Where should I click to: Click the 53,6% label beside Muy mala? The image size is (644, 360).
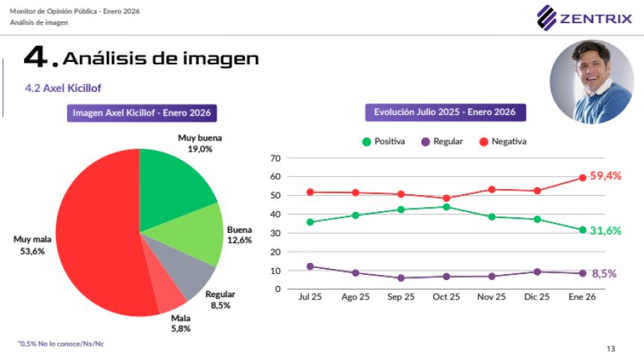[x=32, y=252]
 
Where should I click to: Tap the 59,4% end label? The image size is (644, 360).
[x=605, y=176]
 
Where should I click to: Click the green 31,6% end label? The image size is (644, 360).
[x=605, y=231]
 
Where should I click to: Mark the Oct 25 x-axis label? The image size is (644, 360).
[x=446, y=297]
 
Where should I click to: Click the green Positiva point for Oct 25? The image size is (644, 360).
[x=446, y=207]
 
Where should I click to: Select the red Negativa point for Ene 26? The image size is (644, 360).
[x=582, y=178]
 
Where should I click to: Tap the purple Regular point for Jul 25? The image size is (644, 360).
[x=310, y=266]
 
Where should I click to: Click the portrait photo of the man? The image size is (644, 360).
[x=592, y=81]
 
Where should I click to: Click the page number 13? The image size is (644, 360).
[x=610, y=349]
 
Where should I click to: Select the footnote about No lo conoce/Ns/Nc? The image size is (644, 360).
[x=51, y=344]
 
